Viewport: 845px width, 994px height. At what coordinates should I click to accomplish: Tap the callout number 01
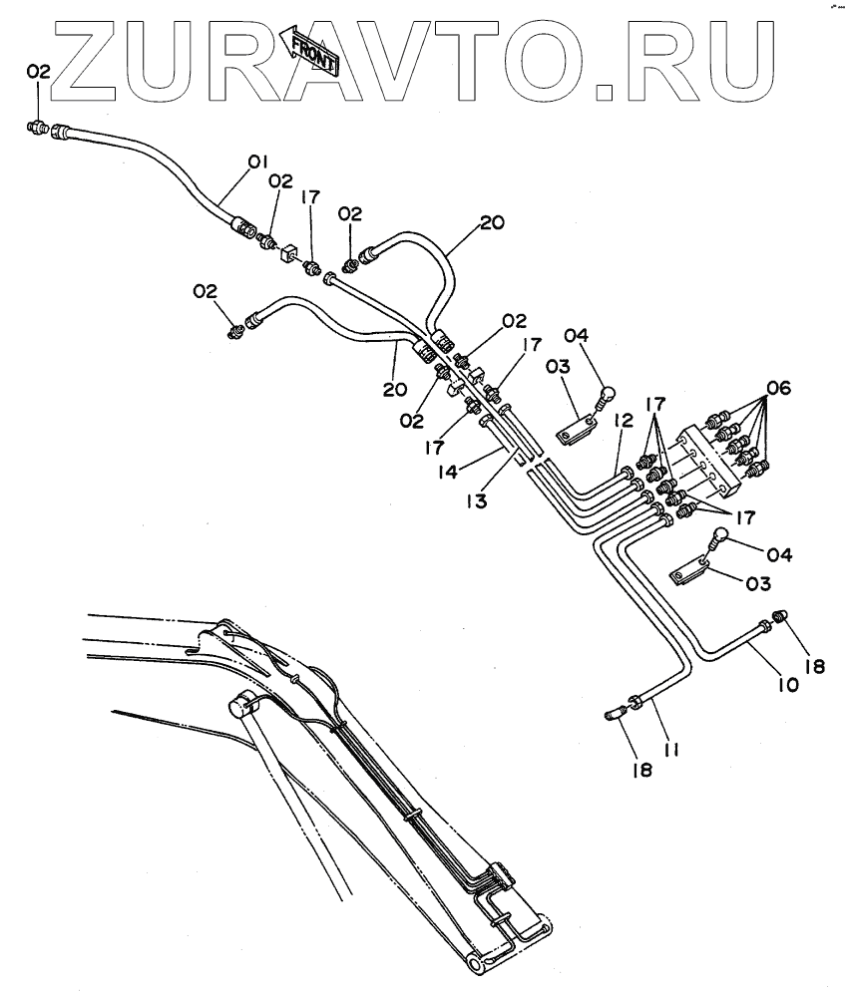pos(258,161)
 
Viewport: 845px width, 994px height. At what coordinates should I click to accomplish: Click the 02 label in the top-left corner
pos(38,71)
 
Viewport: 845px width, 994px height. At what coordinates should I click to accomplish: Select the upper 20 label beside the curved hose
pos(492,223)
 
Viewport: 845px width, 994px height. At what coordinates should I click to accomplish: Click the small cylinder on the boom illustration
pos(243,705)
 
